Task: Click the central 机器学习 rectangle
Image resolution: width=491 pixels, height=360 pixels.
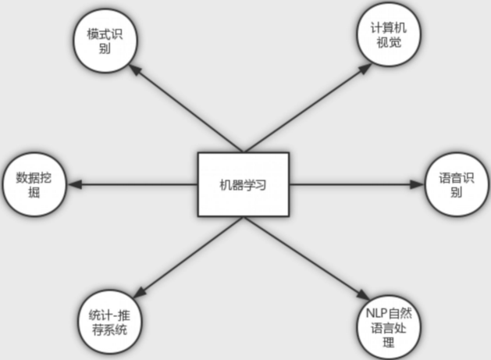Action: tap(243, 184)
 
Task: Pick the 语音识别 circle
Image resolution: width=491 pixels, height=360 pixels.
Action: tap(456, 185)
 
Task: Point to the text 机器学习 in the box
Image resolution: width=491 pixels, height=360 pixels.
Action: tap(243, 185)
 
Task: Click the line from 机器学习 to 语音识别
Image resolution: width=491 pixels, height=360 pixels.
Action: tap(351, 185)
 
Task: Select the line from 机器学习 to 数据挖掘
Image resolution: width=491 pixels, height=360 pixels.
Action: tap(133, 185)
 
